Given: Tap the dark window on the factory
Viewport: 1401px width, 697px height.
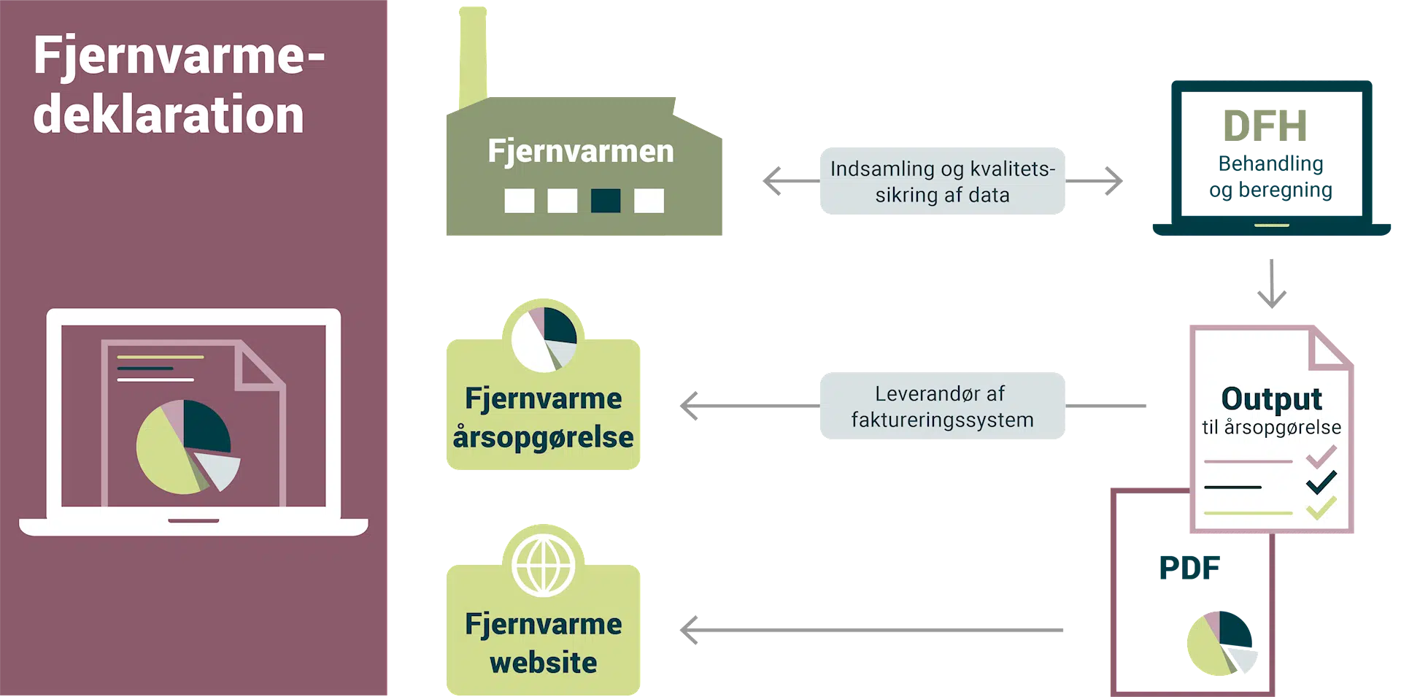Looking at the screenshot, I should (x=605, y=200).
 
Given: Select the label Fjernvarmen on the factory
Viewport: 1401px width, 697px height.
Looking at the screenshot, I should (x=581, y=151).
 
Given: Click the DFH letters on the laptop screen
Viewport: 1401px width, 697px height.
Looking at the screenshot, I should (x=1265, y=126).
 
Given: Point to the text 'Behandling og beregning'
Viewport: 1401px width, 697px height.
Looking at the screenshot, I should (x=1270, y=177).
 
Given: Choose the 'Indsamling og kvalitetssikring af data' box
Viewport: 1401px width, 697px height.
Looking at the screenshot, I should (x=942, y=181).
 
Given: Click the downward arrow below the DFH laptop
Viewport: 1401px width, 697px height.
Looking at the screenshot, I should (x=1272, y=284).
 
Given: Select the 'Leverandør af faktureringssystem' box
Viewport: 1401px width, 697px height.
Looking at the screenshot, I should (x=942, y=406).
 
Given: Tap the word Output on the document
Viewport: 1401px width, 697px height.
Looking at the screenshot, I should (x=1271, y=398).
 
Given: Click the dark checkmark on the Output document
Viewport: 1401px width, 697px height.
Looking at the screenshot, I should (x=1321, y=482).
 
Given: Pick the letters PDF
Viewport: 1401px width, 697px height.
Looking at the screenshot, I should (x=1189, y=568).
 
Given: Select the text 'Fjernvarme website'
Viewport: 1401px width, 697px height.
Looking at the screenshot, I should (x=543, y=643).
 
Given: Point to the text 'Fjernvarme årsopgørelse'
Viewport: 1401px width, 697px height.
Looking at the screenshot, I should (x=543, y=417).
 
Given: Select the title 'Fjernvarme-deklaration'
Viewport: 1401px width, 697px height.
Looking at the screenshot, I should (x=179, y=85).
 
